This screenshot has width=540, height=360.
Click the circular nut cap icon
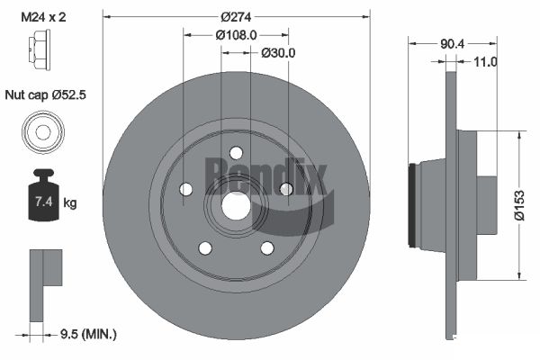[41, 132]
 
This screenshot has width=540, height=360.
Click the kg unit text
[70, 203]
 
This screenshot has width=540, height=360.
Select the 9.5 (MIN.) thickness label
[86, 334]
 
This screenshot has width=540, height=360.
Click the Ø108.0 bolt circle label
[237, 34]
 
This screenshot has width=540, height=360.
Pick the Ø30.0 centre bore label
[278, 52]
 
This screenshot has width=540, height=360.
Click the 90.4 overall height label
[453, 42]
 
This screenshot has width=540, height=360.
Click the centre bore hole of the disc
[236, 205]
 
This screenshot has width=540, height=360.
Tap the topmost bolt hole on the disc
[236, 152]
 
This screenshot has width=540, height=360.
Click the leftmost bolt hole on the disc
[186, 189]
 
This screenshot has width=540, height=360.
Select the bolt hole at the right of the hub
[286, 189]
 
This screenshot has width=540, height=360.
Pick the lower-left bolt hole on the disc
[205, 247]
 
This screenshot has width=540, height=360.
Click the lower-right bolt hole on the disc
[267, 247]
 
